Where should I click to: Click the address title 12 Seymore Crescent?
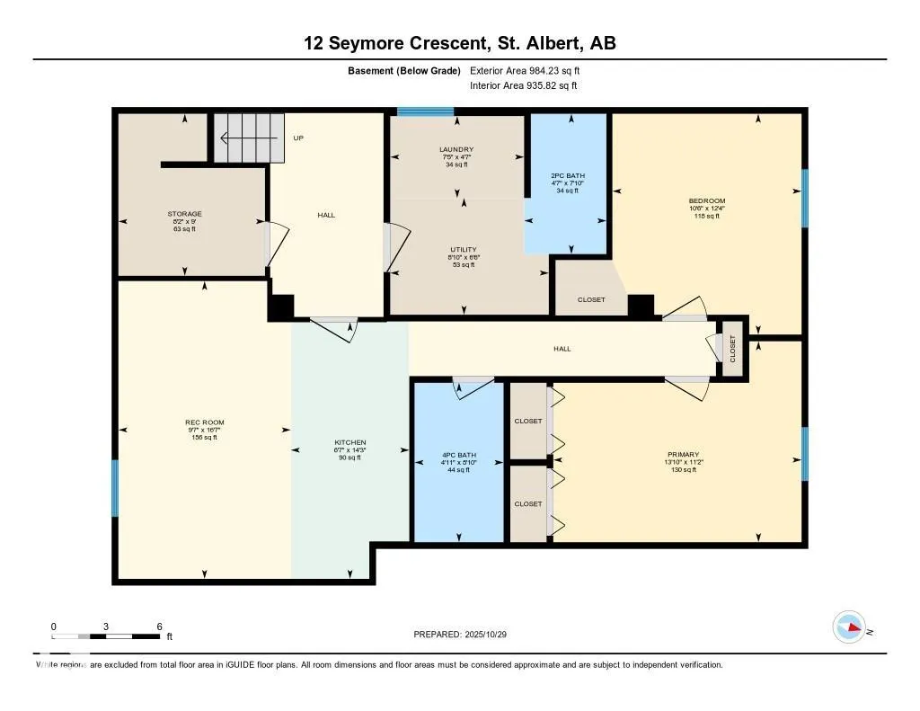coord(459,43)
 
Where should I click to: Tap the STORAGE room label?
coord(184,214)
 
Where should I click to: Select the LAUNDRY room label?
coord(456,149)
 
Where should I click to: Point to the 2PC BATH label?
coord(568,173)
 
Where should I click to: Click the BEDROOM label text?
coord(707,200)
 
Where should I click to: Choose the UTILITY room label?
coord(464,250)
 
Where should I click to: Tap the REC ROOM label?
coord(205,422)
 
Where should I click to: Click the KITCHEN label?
coord(349,443)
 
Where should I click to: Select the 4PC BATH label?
coord(458,456)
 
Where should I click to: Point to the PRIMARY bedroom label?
coord(683,455)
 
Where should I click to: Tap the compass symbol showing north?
coord(849,627)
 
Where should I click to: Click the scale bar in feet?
coord(106,635)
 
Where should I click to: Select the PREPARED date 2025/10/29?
coord(465,635)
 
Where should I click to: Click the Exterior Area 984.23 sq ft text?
coord(531,70)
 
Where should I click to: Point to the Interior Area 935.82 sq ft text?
coord(523,86)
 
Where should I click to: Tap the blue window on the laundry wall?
coord(425,112)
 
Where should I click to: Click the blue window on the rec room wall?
coord(115,488)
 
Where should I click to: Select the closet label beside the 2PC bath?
coord(591,299)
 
